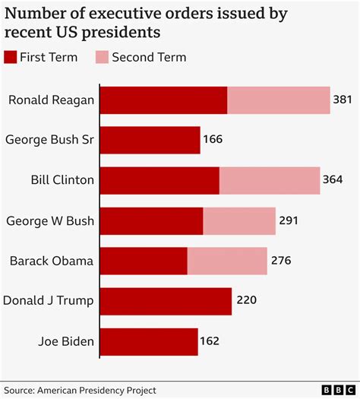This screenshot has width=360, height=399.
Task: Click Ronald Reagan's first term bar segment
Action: click(x=163, y=100)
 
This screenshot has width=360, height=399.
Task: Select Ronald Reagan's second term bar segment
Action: click(x=279, y=100)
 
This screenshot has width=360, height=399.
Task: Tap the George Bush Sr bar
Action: click(x=150, y=140)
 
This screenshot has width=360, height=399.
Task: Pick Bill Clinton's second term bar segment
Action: click(x=270, y=180)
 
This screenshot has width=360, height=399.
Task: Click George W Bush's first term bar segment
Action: click(x=151, y=221)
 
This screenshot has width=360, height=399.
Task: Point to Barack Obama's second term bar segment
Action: click(x=227, y=261)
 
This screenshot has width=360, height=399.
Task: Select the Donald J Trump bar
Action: click(x=166, y=301)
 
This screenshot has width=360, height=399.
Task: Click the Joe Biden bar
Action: click(x=149, y=341)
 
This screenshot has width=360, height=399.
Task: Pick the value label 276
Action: click(x=281, y=261)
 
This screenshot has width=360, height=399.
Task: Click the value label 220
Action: click(x=247, y=301)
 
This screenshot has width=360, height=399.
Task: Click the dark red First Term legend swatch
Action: click(x=10, y=57)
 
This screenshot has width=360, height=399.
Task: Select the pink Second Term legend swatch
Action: click(x=100, y=57)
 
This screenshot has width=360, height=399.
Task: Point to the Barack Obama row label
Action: click(x=52, y=261)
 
